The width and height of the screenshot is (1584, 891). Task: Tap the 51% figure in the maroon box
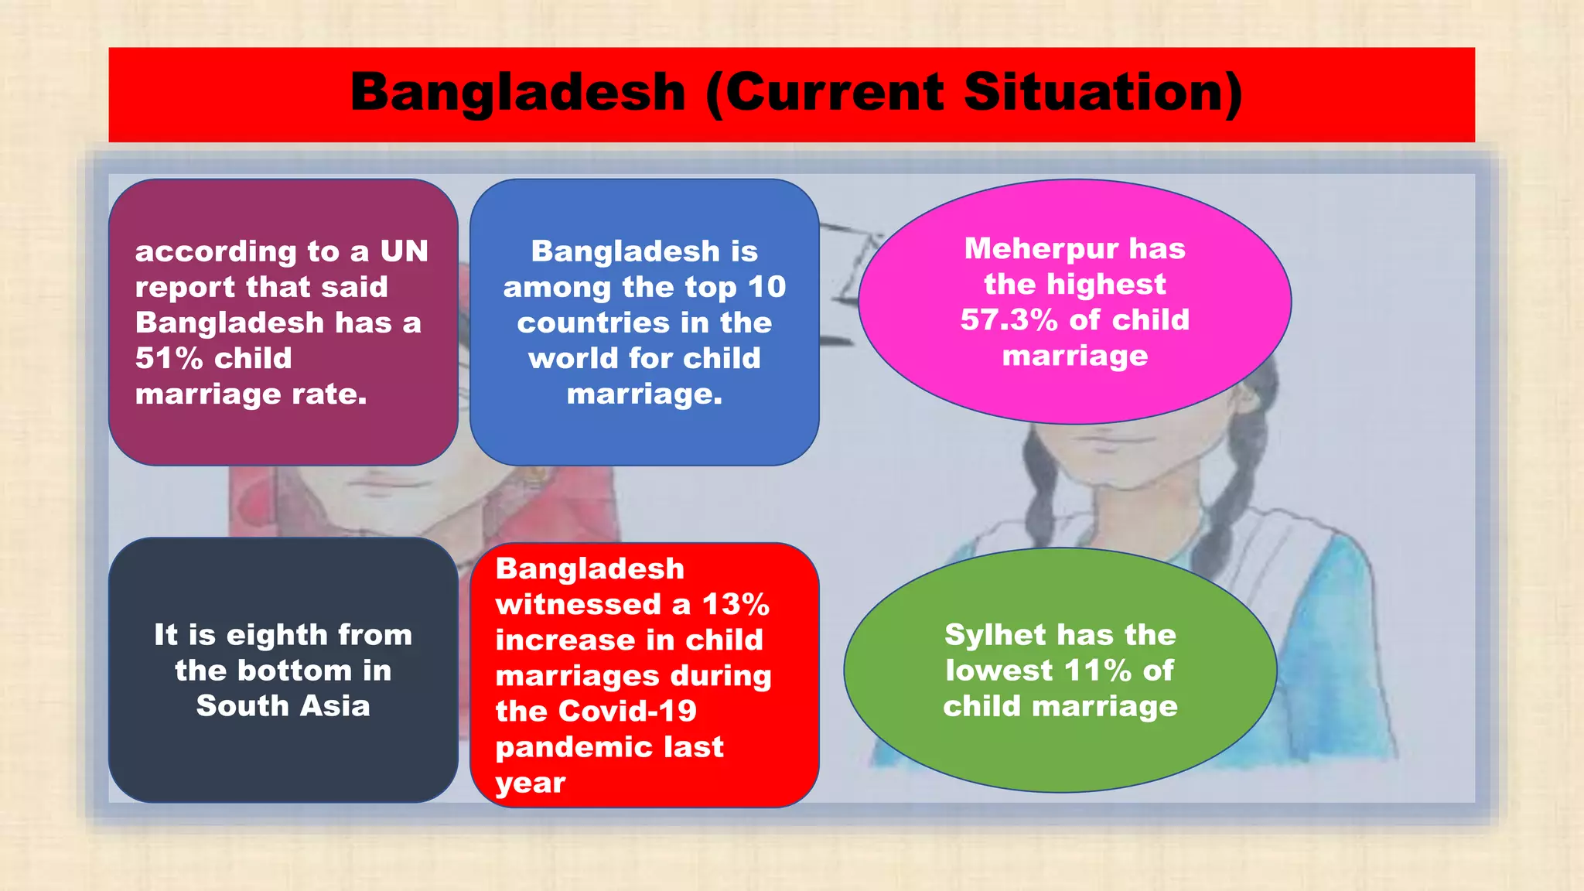(169, 358)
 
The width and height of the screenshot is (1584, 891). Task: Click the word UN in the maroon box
(404, 251)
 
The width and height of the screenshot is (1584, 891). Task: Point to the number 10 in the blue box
(766, 287)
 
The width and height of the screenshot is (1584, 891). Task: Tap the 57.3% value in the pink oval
(1009, 319)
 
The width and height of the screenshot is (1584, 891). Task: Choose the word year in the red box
(531, 783)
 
